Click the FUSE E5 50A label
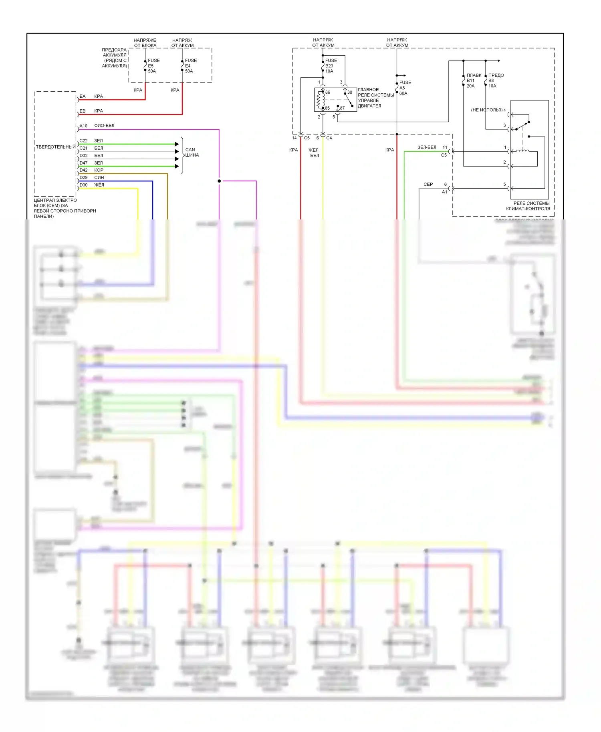tap(153, 66)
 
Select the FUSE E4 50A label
tap(191, 66)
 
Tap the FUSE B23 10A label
tap(331, 66)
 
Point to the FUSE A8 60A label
tap(405, 88)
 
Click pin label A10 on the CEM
tap(83, 126)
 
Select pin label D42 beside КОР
tap(83, 170)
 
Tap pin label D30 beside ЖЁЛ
tap(83, 185)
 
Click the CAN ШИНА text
tap(192, 152)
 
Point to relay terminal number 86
tap(328, 93)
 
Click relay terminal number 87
tap(342, 108)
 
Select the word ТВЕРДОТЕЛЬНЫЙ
tap(56, 147)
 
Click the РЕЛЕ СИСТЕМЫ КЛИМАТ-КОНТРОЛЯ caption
tap(528, 206)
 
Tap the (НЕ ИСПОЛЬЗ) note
tap(486, 110)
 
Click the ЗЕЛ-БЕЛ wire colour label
tap(427, 147)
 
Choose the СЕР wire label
tap(428, 185)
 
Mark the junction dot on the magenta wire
tap(219, 181)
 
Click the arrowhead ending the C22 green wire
tap(177, 144)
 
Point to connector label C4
tap(329, 138)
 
